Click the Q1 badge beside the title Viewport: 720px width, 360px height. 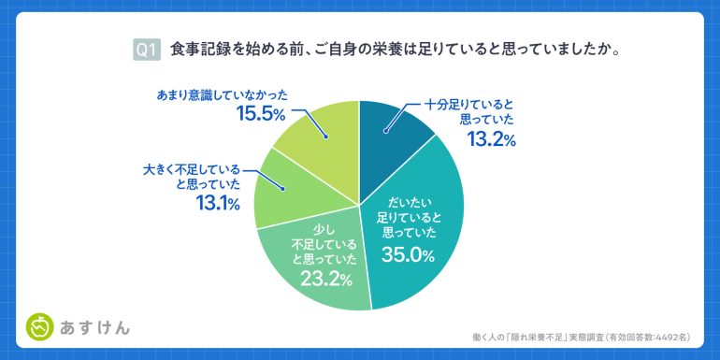pos(147,50)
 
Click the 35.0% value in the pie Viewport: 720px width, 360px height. pos(408,256)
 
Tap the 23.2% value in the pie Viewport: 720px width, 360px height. pos(326,279)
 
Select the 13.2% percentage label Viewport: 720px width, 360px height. pos(491,140)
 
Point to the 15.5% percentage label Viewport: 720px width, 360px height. pos(260,114)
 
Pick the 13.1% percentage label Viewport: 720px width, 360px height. pos(218,203)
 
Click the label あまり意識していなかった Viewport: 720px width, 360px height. pos(222,95)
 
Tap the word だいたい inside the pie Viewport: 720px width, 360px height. pos(407,201)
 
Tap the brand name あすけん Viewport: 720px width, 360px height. pos(94,327)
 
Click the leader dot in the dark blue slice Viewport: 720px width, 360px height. pos(385,132)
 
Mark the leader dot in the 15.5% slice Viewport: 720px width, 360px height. pos(325,137)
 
